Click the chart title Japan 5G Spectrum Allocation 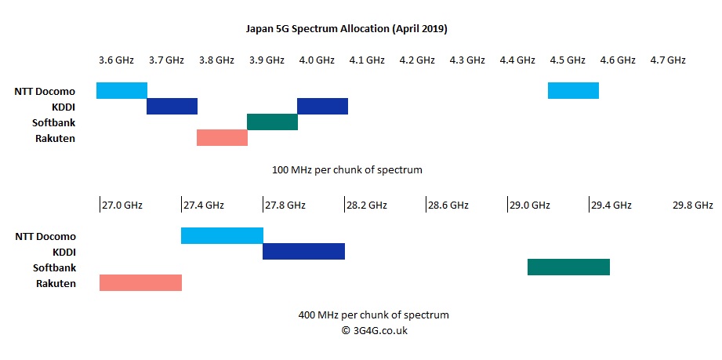pos(346,29)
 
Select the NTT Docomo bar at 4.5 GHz pos(573,90)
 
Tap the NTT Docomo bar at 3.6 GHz pos(122,90)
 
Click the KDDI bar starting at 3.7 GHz pos(172,106)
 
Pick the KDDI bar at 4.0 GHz pos(322,106)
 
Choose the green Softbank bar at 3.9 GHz pos(272,122)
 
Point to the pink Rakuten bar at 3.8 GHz pos(222,137)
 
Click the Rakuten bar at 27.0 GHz pos(140,282)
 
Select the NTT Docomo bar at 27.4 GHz pos(222,235)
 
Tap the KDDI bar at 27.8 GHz pos(303,251)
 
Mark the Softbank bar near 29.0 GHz pos(568,267)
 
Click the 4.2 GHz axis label pos(417,60)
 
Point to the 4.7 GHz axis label pos(668,60)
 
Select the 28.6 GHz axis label pos(448,205)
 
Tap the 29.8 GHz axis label pos(693,205)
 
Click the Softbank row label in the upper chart pos(54,122)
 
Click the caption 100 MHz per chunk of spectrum pos(347,169)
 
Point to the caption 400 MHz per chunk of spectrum pos(374,315)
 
